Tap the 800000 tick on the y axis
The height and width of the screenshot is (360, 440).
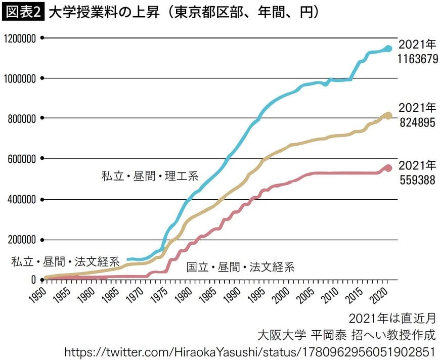point(22,118)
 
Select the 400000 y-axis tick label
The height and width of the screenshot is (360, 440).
point(22,199)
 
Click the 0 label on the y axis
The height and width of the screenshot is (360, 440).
point(33,280)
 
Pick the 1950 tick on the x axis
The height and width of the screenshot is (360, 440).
point(38,293)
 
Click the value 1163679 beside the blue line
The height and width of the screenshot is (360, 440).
point(417,59)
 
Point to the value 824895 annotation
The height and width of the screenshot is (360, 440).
point(417,123)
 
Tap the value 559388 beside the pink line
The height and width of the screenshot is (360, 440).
point(417,180)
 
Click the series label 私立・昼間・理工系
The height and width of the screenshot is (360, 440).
point(150,177)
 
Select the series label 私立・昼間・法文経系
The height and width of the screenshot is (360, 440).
point(65,262)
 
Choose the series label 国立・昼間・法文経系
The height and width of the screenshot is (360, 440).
point(240,267)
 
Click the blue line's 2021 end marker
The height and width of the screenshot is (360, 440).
point(388,49)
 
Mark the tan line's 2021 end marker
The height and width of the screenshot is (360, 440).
point(388,116)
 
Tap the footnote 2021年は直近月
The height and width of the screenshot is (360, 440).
point(392,319)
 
